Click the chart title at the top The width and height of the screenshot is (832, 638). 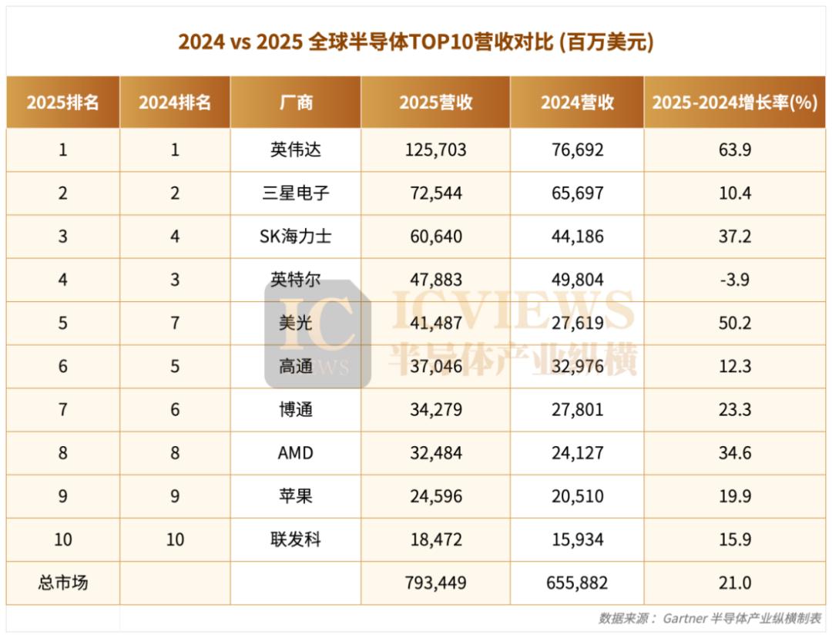[416, 42]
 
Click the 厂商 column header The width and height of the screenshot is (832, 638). [296, 102]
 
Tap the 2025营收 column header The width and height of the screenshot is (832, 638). [435, 102]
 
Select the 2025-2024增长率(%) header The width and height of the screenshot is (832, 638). [734, 102]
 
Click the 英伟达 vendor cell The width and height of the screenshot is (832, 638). [296, 149]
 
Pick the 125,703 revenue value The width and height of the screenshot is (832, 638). [435, 149]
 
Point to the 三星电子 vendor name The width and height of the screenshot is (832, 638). [296, 193]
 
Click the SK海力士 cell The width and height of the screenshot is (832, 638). [296, 236]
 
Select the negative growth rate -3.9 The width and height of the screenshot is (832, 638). [734, 279]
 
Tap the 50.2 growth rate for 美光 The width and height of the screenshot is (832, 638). [734, 323]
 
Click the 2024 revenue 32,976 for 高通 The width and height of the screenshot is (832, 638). [577, 366]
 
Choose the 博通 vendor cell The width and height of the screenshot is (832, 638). [296, 409]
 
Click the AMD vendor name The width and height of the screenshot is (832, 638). [296, 452]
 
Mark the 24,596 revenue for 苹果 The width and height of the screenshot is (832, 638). [435, 496]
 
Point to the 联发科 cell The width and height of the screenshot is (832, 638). [296, 539]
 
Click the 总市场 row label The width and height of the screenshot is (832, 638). [63, 583]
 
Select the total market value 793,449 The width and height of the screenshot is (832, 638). [435, 583]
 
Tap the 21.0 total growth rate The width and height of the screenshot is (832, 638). [734, 583]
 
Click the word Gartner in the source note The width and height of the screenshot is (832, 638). [685, 618]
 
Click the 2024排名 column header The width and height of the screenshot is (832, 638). [175, 102]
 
